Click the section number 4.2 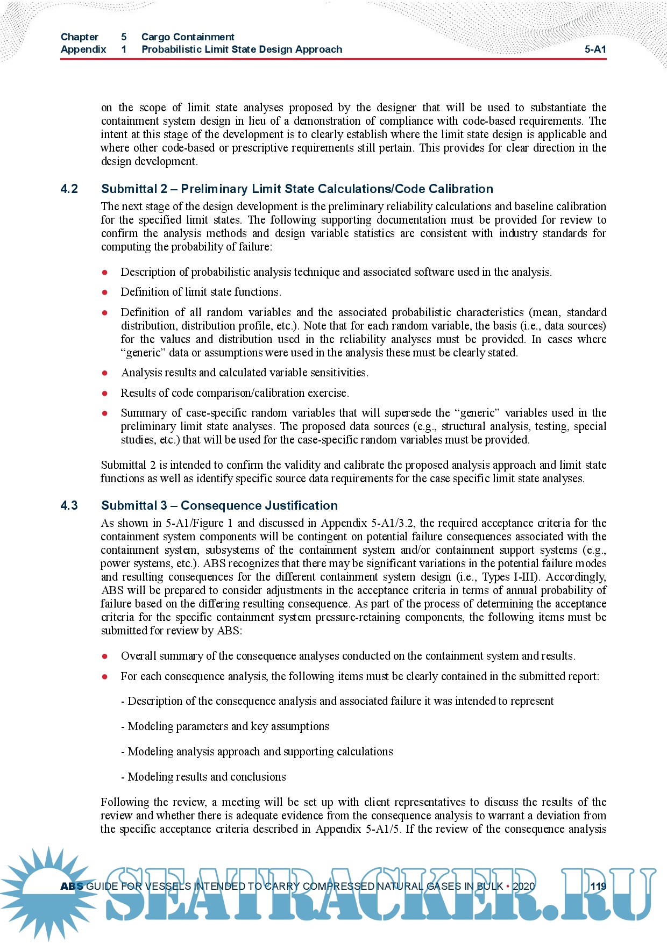69,189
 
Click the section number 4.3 69,505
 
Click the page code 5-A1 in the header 595,49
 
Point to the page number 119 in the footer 598,886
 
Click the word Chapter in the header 80,37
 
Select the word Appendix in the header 83,49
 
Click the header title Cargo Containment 188,37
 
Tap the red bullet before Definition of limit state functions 105,292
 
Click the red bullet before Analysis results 105,373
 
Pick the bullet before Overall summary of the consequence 105,656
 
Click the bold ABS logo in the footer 72,886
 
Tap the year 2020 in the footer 523,886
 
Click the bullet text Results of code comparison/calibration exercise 235,393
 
